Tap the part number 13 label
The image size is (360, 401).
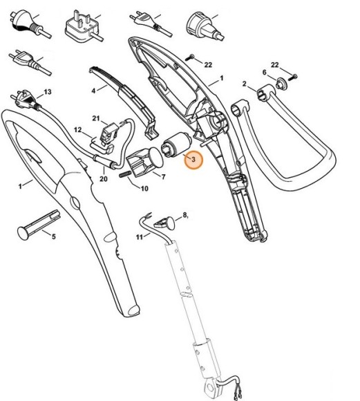(48, 92)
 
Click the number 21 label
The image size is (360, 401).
(97, 118)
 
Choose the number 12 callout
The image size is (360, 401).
(78, 130)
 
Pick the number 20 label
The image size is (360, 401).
(104, 180)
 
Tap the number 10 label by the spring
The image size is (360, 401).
(144, 189)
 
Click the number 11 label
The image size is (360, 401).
(139, 236)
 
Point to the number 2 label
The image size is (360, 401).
(245, 84)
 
